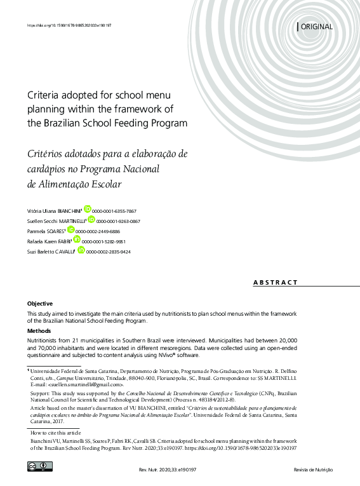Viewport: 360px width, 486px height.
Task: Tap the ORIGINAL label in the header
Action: (316, 27)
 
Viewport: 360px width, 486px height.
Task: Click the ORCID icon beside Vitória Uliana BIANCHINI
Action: (87, 208)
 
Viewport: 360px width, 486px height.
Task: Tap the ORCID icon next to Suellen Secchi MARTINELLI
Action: (91, 219)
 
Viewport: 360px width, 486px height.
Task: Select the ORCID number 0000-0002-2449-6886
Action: (98, 232)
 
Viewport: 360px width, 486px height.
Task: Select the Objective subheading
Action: (39, 304)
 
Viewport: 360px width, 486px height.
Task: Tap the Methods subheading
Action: (39, 331)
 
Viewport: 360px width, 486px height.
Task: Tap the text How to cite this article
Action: (58, 432)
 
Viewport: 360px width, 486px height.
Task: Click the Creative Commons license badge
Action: (39, 467)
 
